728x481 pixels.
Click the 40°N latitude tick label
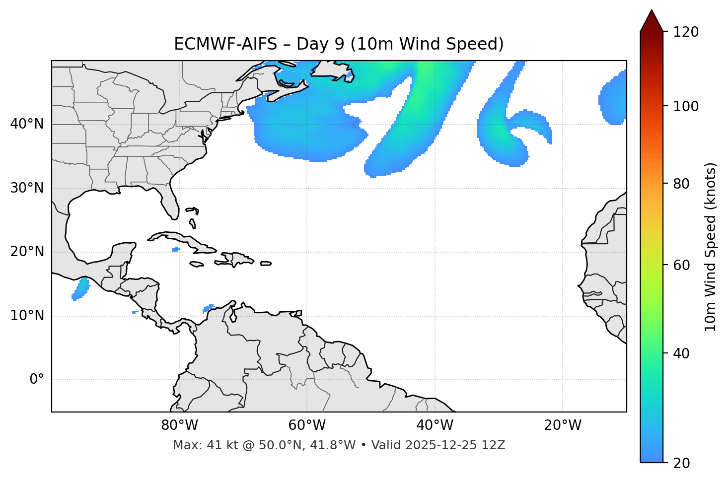(27, 124)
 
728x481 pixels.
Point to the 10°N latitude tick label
(27, 316)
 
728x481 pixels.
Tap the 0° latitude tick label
(37, 380)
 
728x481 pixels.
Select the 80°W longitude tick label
(179, 425)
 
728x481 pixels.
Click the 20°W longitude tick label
(563, 425)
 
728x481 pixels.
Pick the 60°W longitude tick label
(307, 425)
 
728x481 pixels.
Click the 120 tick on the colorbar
(687, 32)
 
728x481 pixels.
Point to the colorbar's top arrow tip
(652, 10)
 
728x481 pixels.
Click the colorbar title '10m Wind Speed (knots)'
(711, 247)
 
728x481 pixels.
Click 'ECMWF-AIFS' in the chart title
(225, 44)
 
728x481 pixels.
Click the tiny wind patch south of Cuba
(175, 249)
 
